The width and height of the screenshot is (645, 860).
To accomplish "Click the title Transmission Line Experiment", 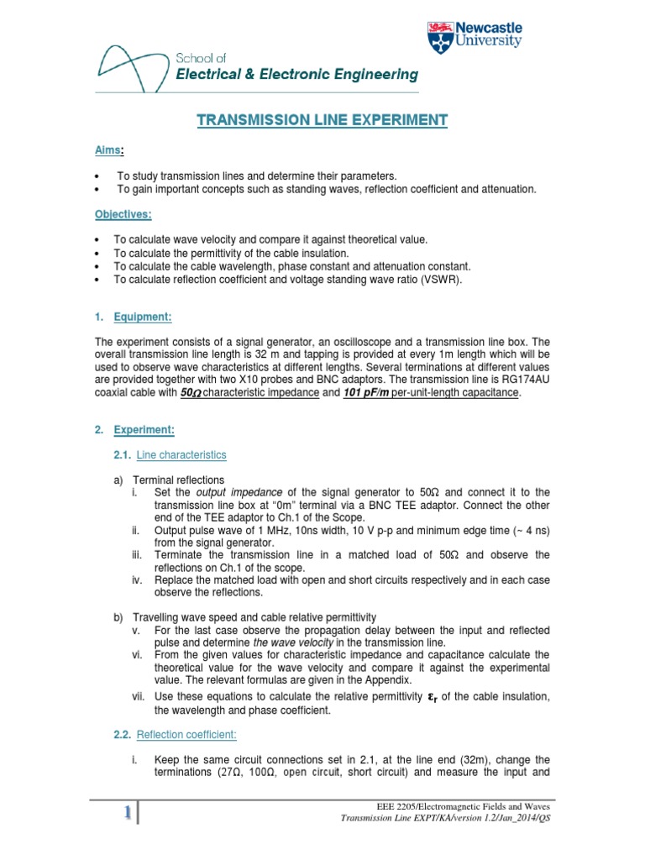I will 322,120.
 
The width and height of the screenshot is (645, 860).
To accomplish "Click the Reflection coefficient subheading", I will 186,734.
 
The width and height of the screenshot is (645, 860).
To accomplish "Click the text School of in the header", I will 195,58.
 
